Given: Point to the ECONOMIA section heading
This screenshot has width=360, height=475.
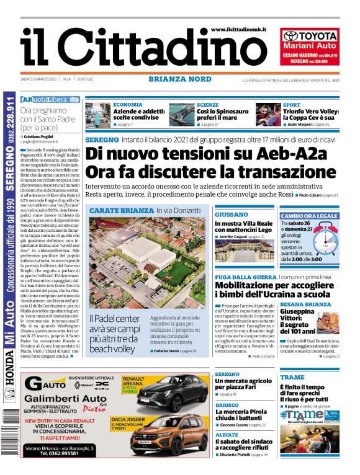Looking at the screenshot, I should (x=128, y=105).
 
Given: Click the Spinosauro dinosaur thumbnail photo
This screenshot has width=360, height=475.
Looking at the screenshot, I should (x=181, y=115).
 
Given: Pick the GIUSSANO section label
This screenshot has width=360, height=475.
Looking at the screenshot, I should (x=231, y=214).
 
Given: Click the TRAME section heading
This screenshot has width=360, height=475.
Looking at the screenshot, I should (x=292, y=377).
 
